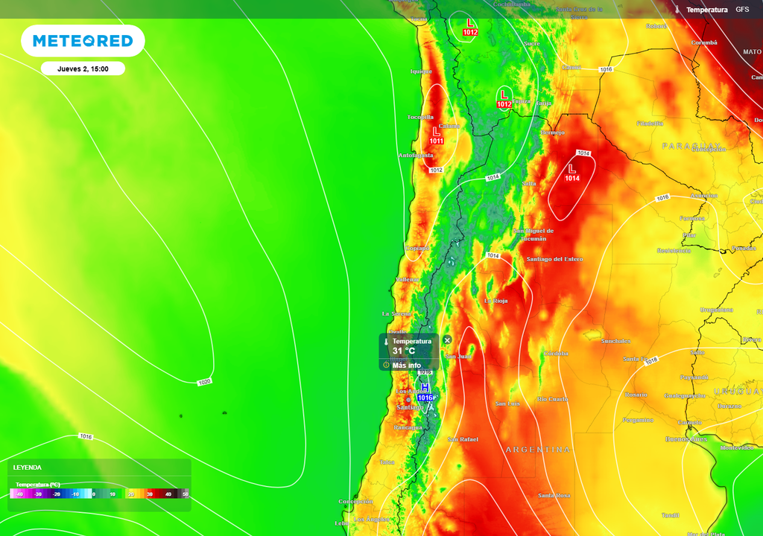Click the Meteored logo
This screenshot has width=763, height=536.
tap(83, 41)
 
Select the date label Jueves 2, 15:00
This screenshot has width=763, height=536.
tap(83, 68)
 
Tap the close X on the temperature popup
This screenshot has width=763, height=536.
tap(447, 340)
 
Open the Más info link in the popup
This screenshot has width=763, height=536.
tap(406, 366)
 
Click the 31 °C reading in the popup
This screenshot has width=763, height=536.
tap(404, 351)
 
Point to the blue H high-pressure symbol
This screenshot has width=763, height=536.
tap(425, 387)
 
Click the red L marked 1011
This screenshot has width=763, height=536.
tap(437, 132)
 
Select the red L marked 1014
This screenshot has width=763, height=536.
tap(572, 169)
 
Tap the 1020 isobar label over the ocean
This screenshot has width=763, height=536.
tap(204, 382)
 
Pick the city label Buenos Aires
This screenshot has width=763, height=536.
tap(686, 439)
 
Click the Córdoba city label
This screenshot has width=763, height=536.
tap(556, 353)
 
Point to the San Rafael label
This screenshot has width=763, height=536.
tap(463, 439)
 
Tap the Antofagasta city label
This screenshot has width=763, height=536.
tap(416, 155)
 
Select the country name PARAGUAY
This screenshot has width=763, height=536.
tap(691, 146)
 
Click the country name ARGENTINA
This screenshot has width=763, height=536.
tap(537, 450)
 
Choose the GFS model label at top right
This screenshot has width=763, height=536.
tap(742, 9)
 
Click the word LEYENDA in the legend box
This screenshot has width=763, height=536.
tap(28, 468)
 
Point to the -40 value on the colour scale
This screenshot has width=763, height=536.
tap(19, 494)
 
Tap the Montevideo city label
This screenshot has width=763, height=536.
tap(738, 447)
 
